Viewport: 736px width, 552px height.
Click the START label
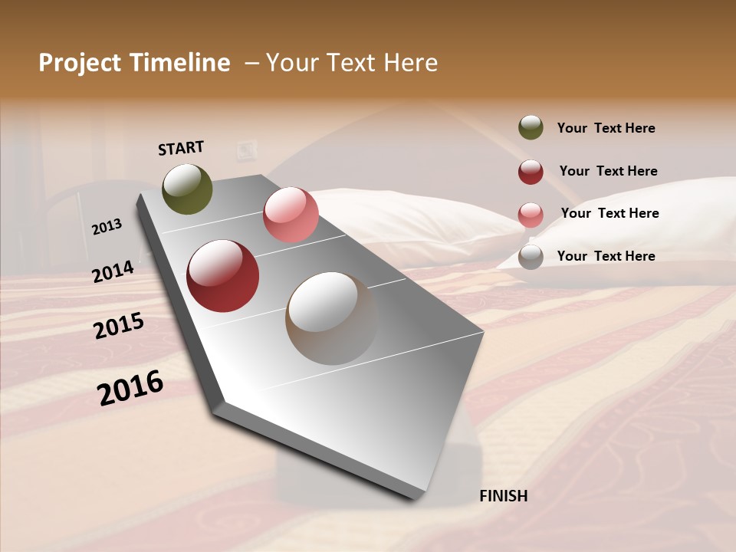181,148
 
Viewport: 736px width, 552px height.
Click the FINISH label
503,496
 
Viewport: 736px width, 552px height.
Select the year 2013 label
107,227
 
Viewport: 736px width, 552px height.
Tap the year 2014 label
113,271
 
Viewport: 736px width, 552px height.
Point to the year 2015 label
119,326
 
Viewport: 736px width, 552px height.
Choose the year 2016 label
130,387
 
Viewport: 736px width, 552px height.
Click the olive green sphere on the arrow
187,189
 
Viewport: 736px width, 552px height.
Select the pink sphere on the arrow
291,215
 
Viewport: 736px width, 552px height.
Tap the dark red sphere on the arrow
223,276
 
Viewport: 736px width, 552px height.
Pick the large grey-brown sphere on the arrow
331,318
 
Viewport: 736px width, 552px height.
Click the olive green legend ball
531,127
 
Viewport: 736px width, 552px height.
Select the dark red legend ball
531,172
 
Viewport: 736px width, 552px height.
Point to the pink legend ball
531,215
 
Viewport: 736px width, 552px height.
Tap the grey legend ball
531,257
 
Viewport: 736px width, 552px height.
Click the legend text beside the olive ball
606,128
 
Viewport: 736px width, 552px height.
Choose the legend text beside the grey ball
606,256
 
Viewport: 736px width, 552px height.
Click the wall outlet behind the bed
246,149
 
